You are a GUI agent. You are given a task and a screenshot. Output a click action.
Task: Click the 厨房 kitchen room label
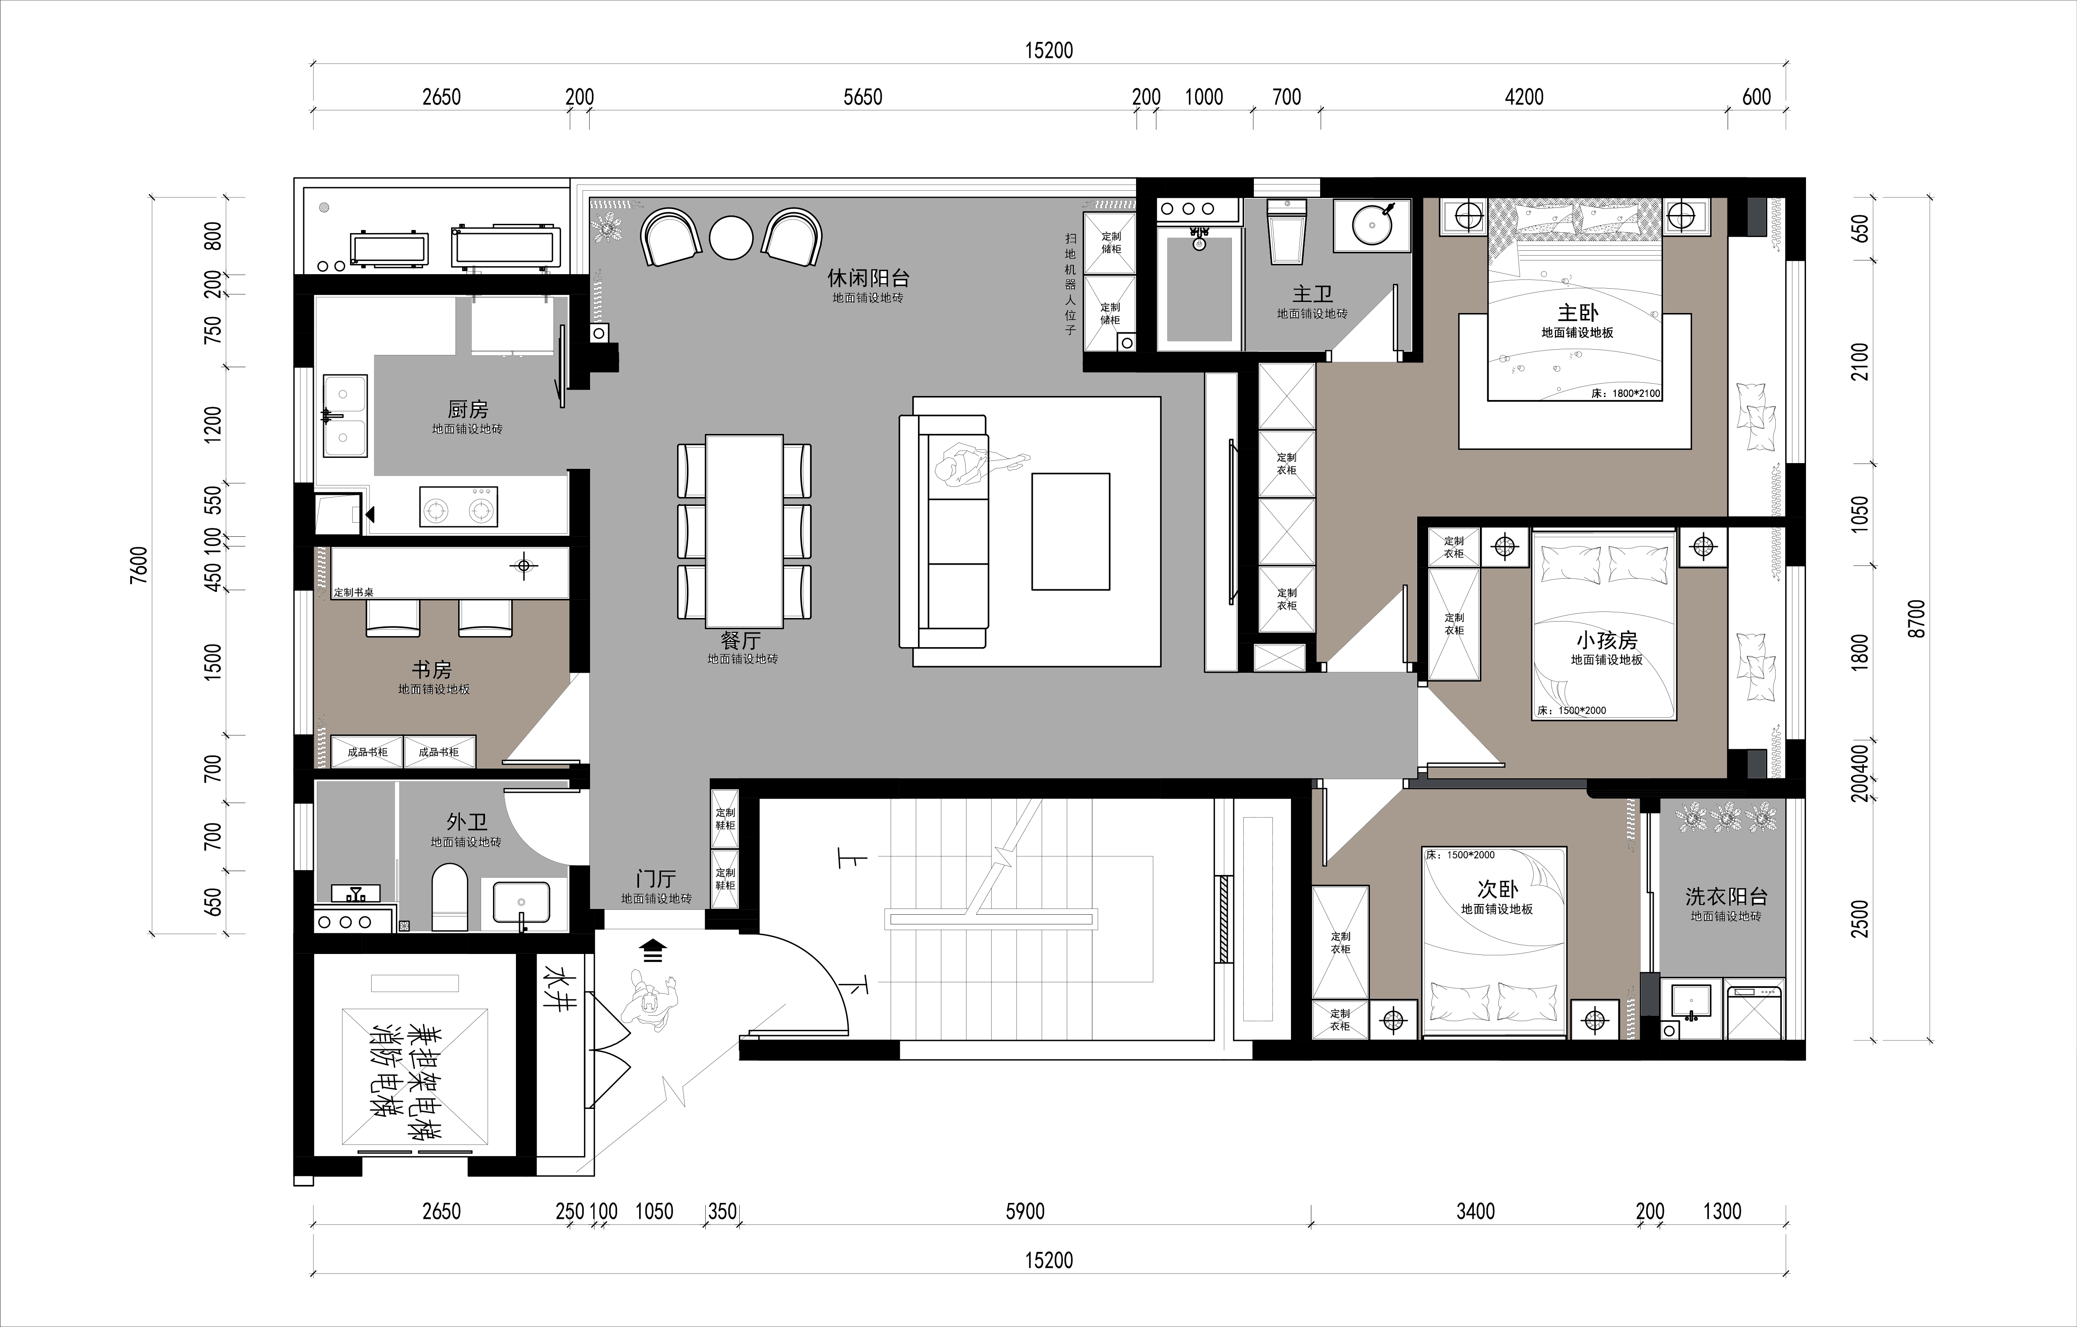[467, 409]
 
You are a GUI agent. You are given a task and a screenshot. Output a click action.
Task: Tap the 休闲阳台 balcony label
[868, 278]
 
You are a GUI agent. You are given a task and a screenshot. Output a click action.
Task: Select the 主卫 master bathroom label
[1312, 294]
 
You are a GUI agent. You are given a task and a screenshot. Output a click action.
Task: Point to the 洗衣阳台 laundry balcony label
[1726, 897]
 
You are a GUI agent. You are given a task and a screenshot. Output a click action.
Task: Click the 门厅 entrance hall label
[655, 879]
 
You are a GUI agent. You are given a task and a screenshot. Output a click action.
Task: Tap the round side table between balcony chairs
[731, 237]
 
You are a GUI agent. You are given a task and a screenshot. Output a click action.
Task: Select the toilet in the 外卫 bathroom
[448, 897]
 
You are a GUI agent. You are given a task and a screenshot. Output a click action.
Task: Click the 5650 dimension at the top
[862, 97]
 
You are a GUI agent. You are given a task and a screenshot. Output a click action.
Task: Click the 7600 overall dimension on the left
[138, 565]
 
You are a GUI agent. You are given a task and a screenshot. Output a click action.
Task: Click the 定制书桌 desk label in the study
[354, 593]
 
